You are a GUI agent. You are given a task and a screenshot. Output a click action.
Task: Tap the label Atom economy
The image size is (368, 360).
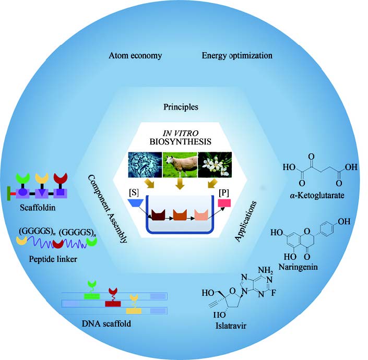[135, 56]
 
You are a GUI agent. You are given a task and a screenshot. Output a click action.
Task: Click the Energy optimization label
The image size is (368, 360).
[237, 56]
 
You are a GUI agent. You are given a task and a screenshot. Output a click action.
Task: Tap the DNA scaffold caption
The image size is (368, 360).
[106, 323]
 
